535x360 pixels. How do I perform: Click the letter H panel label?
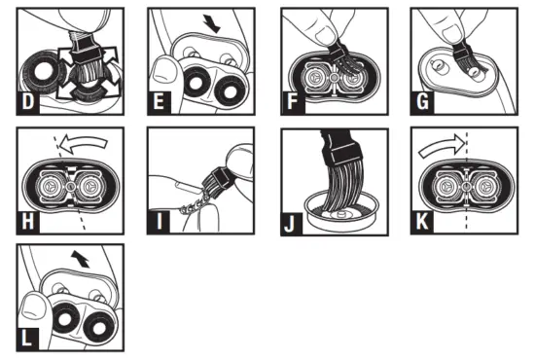(x=27, y=223)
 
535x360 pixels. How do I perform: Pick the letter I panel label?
(x=158, y=223)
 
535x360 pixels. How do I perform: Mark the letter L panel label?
(x=27, y=342)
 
